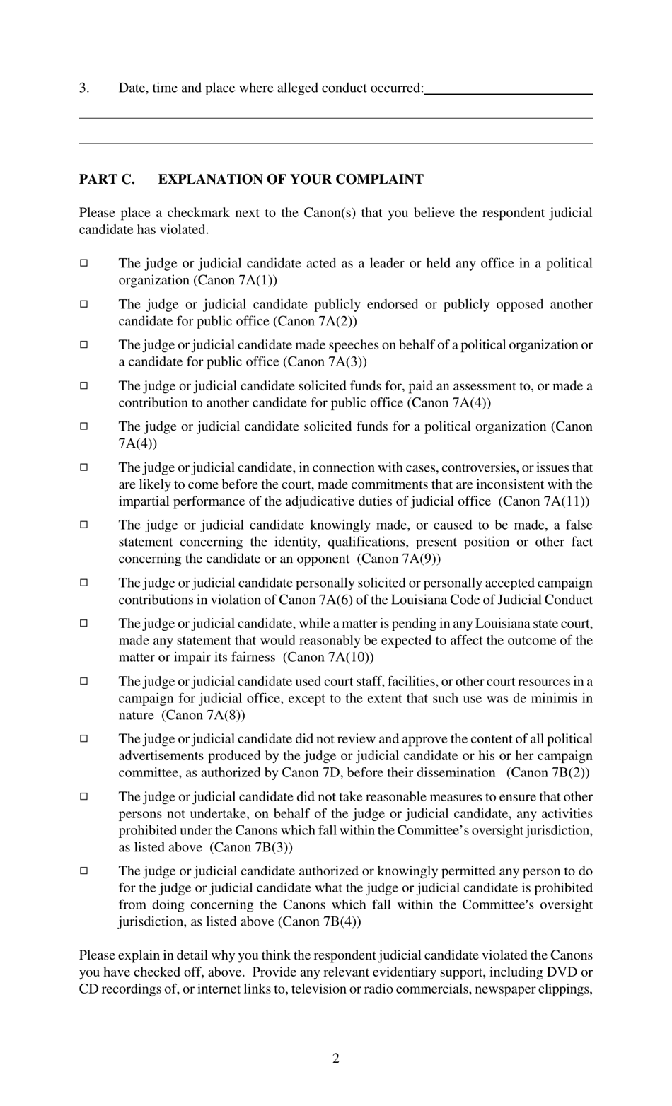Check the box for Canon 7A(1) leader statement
83,263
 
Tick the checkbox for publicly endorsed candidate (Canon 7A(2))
83,304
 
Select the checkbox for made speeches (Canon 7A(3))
83,345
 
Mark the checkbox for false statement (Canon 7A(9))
83,525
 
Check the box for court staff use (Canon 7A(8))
83,681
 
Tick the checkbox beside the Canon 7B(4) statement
83,871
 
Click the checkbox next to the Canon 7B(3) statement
83,797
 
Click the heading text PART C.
107,180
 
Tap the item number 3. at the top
84,88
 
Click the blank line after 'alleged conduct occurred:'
508,90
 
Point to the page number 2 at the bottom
336,1059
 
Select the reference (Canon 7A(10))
328,658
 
